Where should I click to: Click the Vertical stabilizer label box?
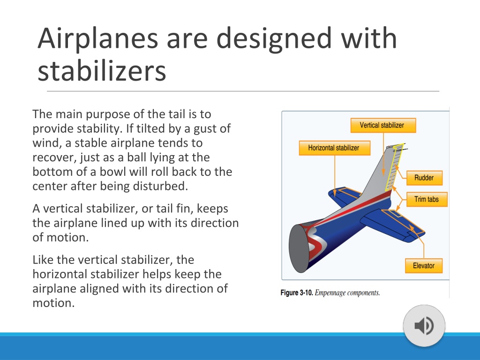(383, 125)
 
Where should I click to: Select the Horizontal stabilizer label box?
(334, 148)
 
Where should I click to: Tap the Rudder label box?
(424, 178)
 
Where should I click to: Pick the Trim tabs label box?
(427, 199)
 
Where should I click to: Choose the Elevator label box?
(424, 265)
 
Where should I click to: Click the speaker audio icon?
(424, 325)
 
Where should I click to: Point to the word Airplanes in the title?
(98, 38)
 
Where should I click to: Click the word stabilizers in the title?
(102, 71)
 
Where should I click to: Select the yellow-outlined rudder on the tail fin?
(392, 168)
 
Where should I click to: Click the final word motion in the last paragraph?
(53, 303)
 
